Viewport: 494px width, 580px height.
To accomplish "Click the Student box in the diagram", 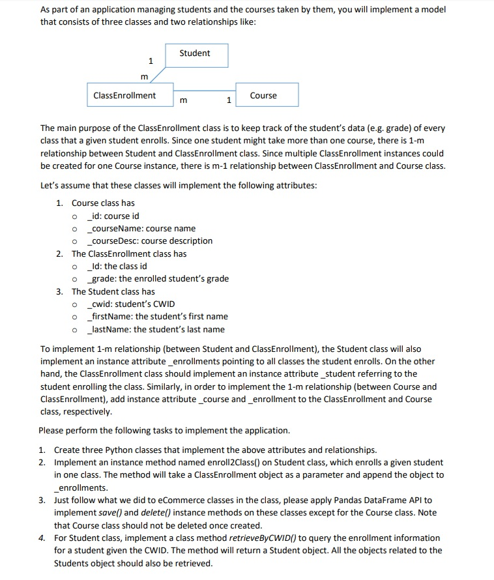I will (x=195, y=54).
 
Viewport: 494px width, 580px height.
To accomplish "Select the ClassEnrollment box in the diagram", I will (x=130, y=95).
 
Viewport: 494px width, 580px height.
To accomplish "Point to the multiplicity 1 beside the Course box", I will (x=227, y=100).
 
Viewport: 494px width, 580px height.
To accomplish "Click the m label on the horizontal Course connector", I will (x=183, y=100).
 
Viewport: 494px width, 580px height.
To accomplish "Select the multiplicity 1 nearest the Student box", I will (x=151, y=61).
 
